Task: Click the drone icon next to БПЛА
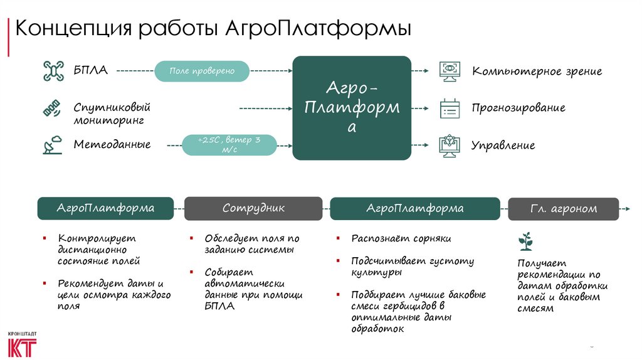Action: pos(53,70)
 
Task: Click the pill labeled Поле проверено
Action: pos(202,71)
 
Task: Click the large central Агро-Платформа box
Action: pos(352,108)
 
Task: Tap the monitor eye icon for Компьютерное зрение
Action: pos(450,70)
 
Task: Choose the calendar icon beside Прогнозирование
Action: pos(450,108)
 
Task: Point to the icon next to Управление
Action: pos(450,145)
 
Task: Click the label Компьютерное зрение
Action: pos(537,71)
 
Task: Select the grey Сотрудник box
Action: pos(253,208)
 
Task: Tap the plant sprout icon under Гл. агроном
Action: pos(525,241)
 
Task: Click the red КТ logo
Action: pos(22,347)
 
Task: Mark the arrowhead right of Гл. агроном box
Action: pos(628,208)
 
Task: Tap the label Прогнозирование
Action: pos(518,108)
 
